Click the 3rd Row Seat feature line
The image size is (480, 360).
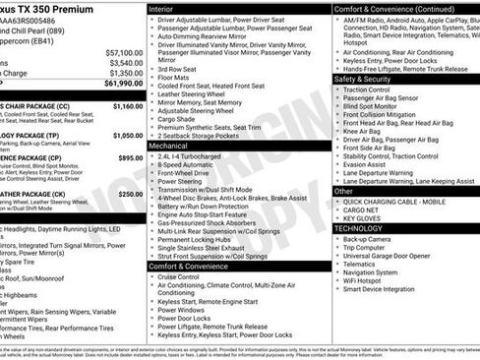pos(176,70)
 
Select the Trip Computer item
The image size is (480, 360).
pos(369,247)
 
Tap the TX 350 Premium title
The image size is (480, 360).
pos(49,8)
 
